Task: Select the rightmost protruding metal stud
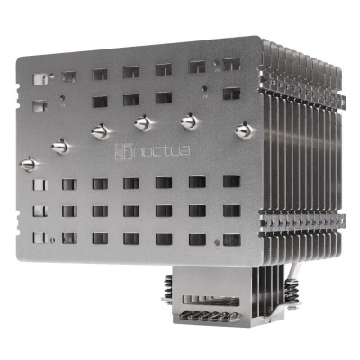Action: pyautogui.click(x=241, y=131)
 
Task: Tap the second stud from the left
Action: pyautogui.click(x=59, y=145)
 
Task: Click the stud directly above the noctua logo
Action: pyautogui.click(x=141, y=121)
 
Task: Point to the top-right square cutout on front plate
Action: pyautogui.click(x=231, y=64)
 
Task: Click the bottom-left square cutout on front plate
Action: pyautogui.click(x=38, y=238)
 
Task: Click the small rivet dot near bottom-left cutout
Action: pyautogui.click(x=54, y=240)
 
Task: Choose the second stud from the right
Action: pyautogui.click(x=190, y=120)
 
